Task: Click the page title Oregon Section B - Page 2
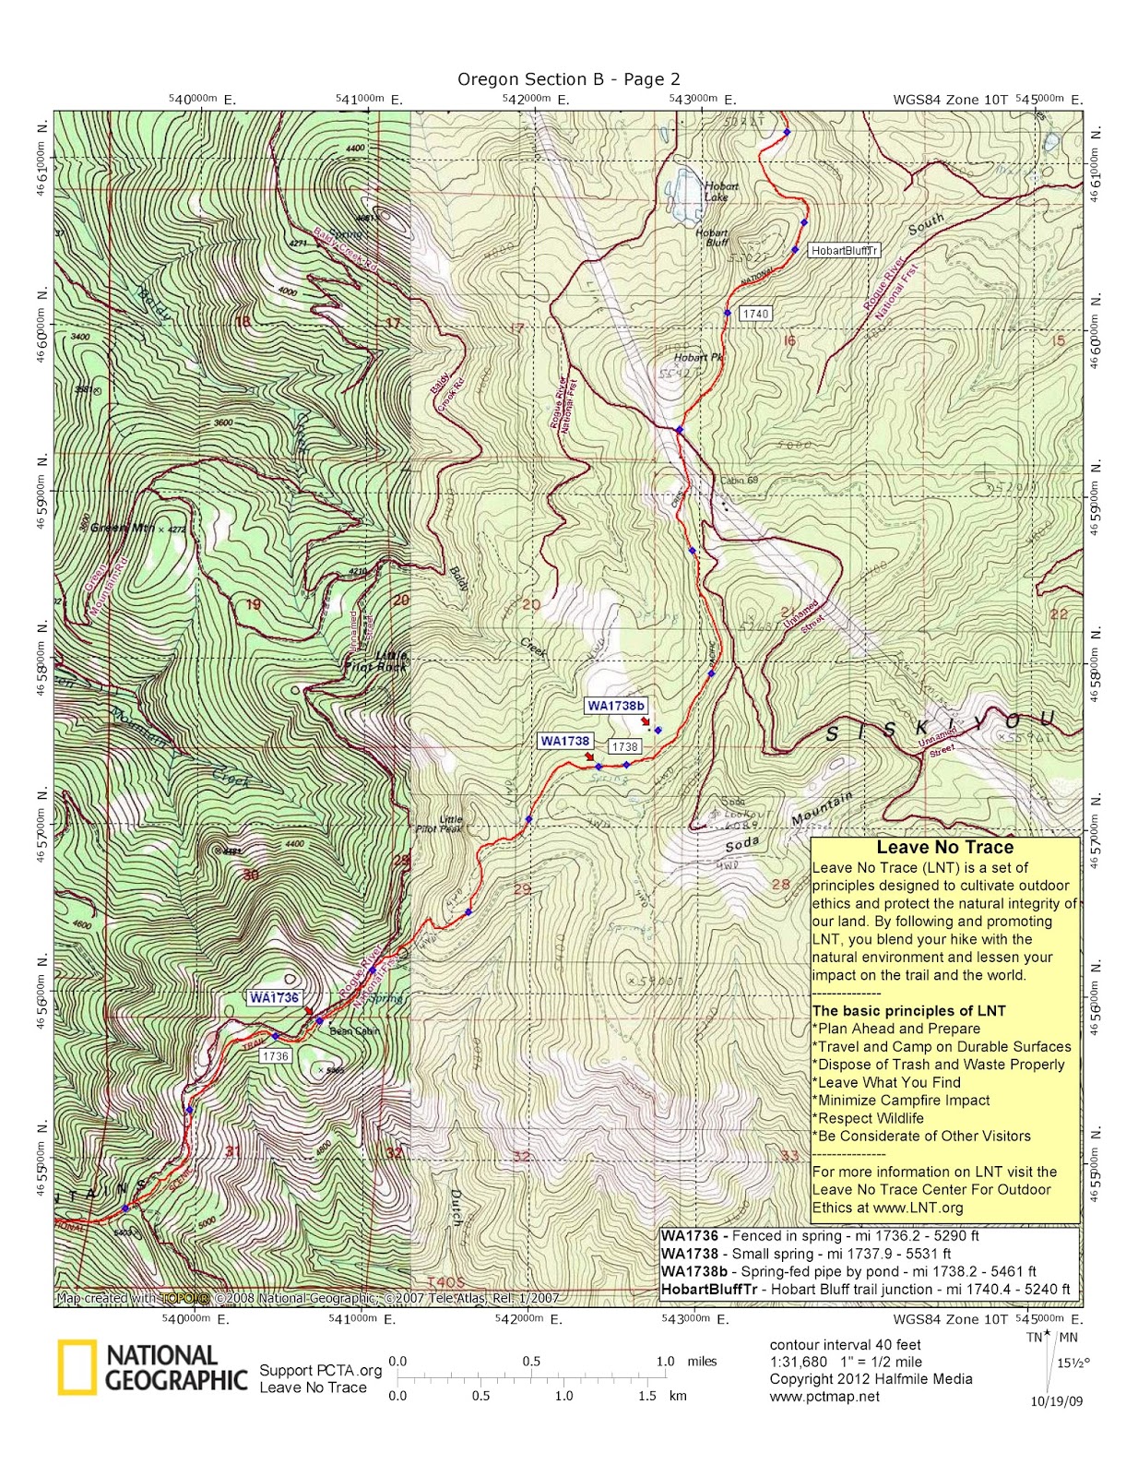568,79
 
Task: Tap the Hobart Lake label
720,191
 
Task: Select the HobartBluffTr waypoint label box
843,250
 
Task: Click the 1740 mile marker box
754,314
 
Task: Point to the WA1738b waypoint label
615,706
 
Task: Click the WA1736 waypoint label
274,997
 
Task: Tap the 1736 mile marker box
275,1056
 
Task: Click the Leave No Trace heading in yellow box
944,847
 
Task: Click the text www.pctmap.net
824,1397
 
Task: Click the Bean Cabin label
354,1031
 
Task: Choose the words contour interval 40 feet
845,1344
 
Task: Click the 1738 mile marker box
624,746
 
